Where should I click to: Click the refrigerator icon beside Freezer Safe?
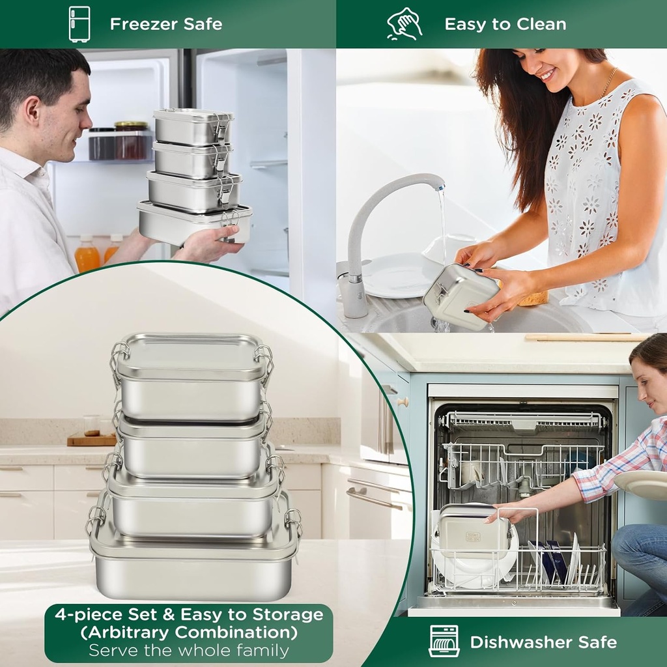click(79, 24)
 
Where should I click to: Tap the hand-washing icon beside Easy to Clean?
click(404, 24)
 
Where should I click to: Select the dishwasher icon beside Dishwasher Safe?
click(444, 641)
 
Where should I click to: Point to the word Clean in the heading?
click(541, 24)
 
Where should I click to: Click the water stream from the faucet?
click(443, 225)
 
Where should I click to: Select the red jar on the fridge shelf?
click(131, 141)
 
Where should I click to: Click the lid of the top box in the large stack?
click(192, 356)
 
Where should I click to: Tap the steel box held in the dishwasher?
click(474, 530)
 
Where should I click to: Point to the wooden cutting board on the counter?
click(91, 440)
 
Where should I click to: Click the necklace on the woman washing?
click(608, 83)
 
